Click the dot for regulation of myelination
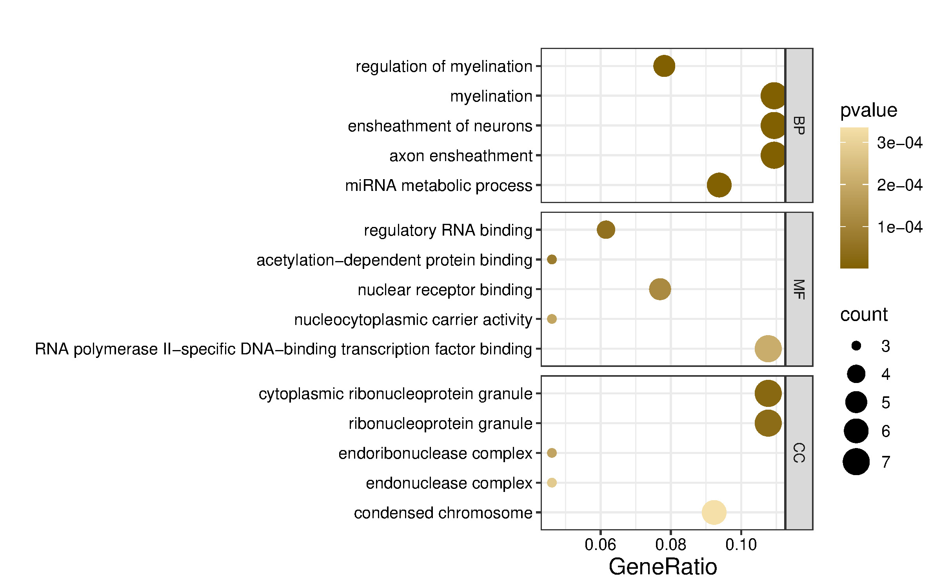pyautogui.click(x=664, y=66)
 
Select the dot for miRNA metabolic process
pyautogui.click(x=719, y=185)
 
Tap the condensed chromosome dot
pyautogui.click(x=714, y=512)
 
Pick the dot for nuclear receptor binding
pyautogui.click(x=659, y=289)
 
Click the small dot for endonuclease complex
pyautogui.click(x=552, y=483)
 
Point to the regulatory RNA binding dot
pyautogui.click(x=606, y=230)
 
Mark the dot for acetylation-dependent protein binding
pyautogui.click(x=552, y=260)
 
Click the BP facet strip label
pyautogui.click(x=799, y=125)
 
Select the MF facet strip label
pyautogui.click(x=799, y=289)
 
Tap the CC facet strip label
pyautogui.click(x=799, y=453)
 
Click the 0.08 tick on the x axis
pyautogui.click(x=670, y=544)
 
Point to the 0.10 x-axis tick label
pyautogui.click(x=741, y=544)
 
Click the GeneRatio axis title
pyautogui.click(x=663, y=567)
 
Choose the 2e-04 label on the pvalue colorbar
pyautogui.click(x=899, y=185)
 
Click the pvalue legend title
pyautogui.click(x=868, y=110)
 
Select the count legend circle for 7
pyautogui.click(x=856, y=462)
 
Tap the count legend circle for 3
pyautogui.click(x=856, y=346)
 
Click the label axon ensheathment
pyautogui.click(x=460, y=156)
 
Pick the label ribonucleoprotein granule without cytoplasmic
pyautogui.click(x=440, y=423)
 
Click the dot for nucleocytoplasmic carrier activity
pyautogui.click(x=552, y=319)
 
